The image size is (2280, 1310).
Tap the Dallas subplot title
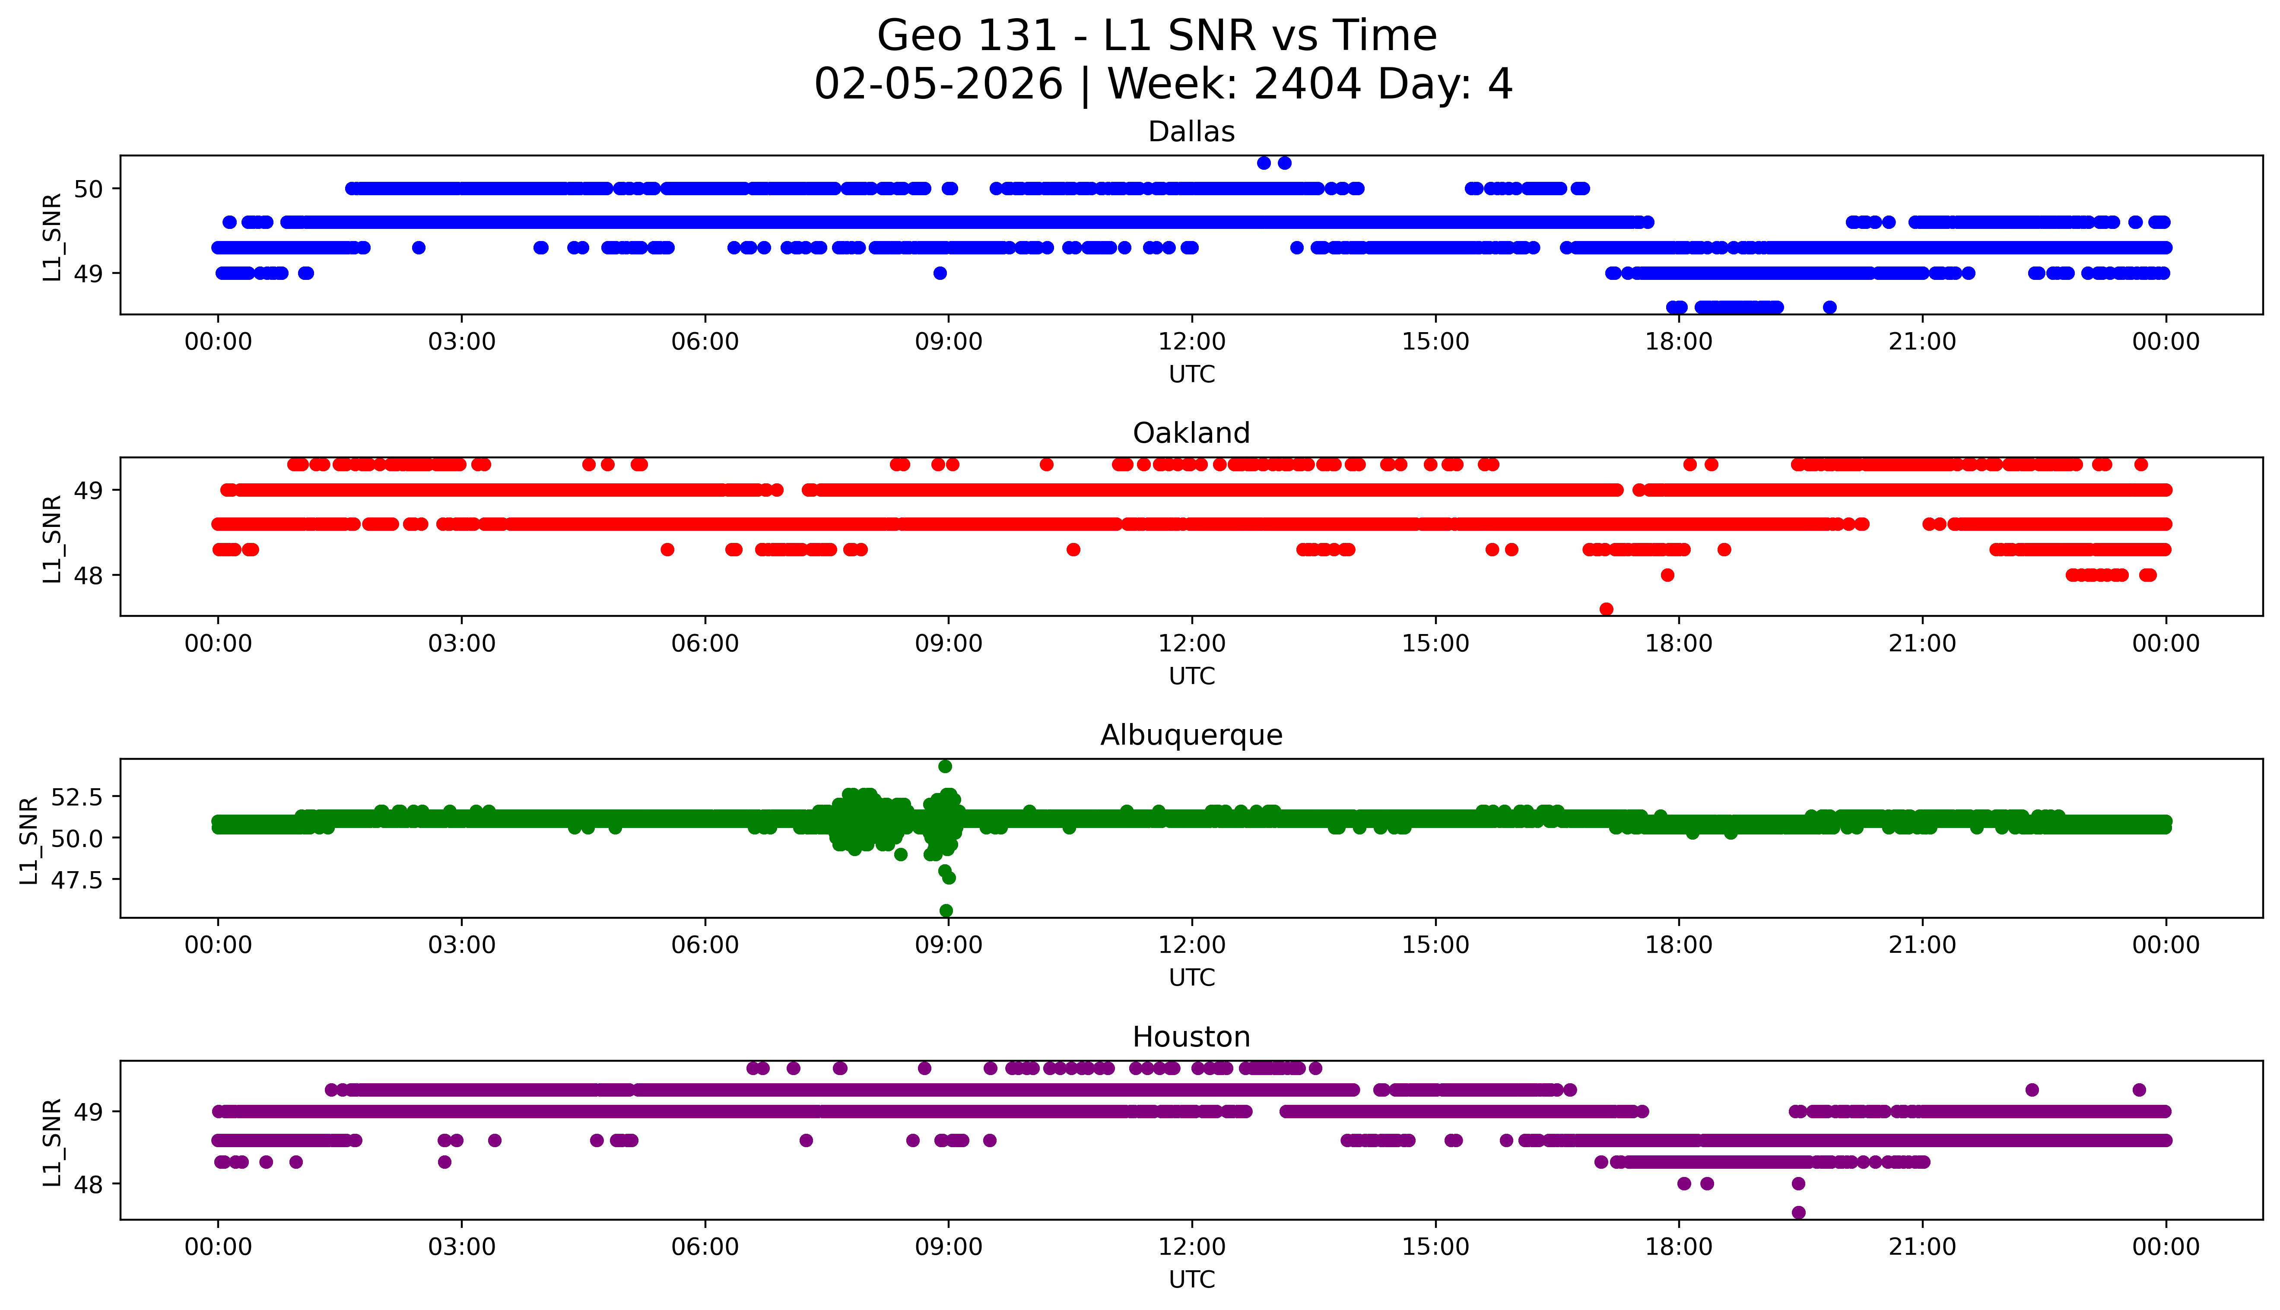[1191, 132]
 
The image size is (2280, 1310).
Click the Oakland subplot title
[1191, 434]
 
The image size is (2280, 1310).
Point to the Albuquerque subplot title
[1191, 735]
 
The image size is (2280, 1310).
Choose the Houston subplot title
[1191, 1037]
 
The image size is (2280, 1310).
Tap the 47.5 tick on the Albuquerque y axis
[78, 879]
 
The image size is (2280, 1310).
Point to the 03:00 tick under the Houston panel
[462, 1247]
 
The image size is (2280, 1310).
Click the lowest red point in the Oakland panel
[1606, 609]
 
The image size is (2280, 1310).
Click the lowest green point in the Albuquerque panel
[946, 910]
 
